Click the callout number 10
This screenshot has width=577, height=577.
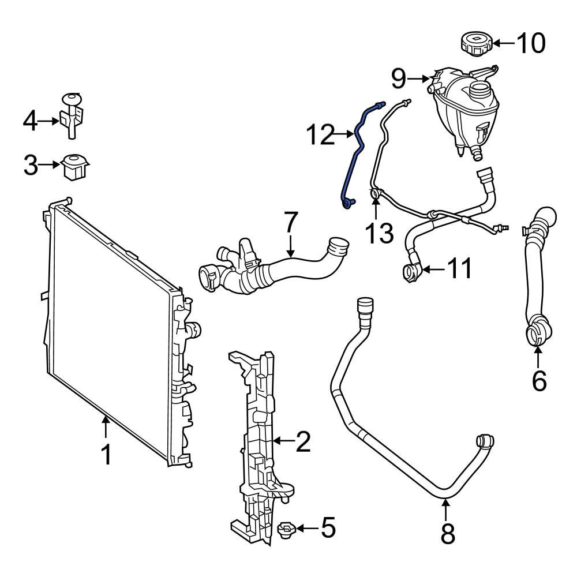[530, 43]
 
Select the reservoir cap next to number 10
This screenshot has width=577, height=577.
[475, 44]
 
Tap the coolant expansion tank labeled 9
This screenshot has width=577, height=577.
[466, 110]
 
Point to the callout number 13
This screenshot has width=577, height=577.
[379, 233]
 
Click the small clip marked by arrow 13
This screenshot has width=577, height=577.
[376, 194]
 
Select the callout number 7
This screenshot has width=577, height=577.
[291, 223]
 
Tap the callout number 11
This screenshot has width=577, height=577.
[460, 268]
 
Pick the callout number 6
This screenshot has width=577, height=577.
[538, 381]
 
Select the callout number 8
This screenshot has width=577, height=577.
[447, 534]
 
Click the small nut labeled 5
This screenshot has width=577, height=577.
[286, 529]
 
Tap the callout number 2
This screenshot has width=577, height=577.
[303, 441]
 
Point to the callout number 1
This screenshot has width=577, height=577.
[106, 455]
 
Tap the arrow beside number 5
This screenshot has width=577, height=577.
[306, 528]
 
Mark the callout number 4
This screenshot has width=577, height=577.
[30, 121]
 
